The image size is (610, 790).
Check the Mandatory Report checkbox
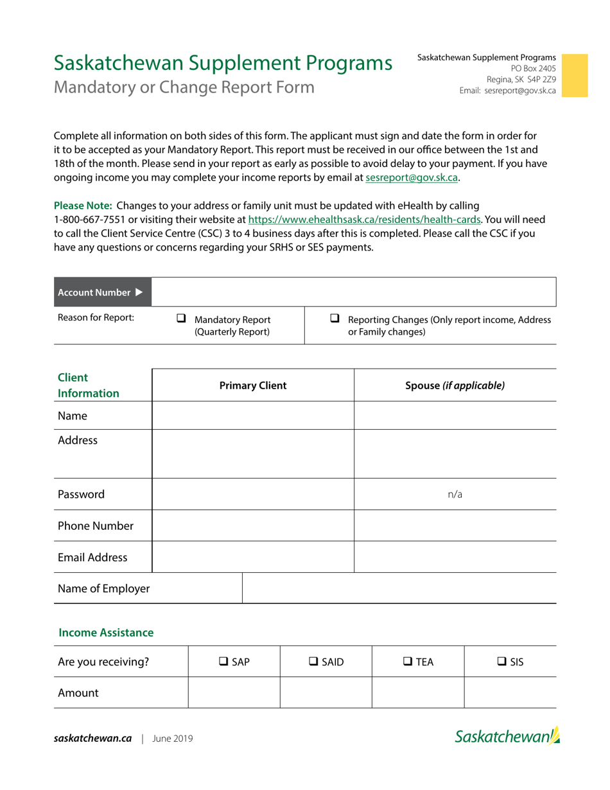(x=182, y=319)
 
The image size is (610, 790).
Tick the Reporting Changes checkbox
(x=335, y=319)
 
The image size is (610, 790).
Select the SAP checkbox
(x=224, y=661)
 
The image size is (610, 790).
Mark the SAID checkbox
(x=314, y=661)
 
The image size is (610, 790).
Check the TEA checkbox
(x=407, y=661)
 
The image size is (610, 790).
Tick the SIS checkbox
(x=502, y=661)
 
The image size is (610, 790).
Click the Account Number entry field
(x=353, y=292)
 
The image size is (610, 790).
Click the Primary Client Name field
(x=253, y=416)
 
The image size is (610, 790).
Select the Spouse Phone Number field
(x=455, y=525)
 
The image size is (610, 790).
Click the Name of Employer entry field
(x=398, y=588)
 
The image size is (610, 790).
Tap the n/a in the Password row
(x=455, y=495)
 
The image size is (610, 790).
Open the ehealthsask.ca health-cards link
(x=364, y=220)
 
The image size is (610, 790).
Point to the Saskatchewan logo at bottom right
(x=507, y=736)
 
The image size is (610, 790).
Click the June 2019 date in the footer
(x=172, y=739)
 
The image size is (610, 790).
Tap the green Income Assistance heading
(x=106, y=633)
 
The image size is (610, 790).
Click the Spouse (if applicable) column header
(x=455, y=385)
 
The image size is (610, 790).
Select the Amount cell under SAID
(x=326, y=693)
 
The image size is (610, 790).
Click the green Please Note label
(x=83, y=206)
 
